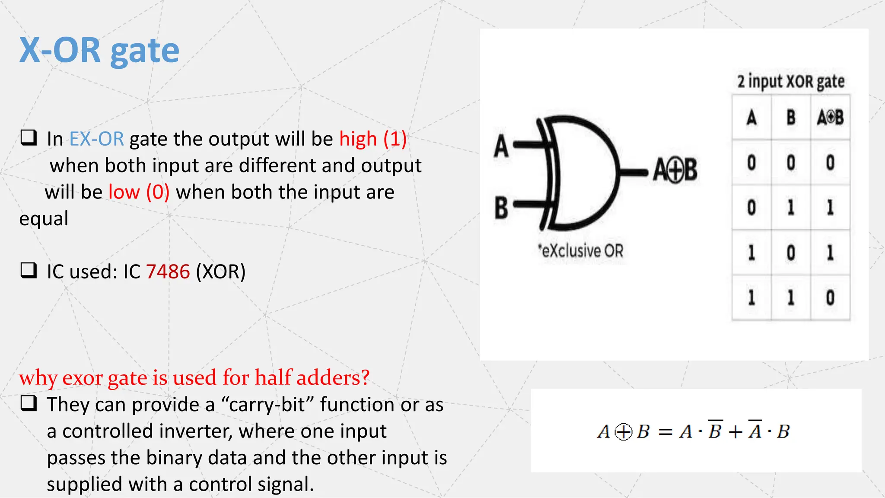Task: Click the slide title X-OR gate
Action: click(x=99, y=51)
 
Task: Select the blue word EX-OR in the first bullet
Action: click(x=96, y=139)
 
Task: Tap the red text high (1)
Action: click(x=372, y=139)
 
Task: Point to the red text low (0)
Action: click(x=139, y=192)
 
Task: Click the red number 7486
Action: click(x=168, y=272)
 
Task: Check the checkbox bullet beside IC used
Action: click(x=29, y=271)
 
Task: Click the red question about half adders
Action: click(x=194, y=377)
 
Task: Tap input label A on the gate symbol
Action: click(x=501, y=146)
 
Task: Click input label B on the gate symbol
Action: click(x=501, y=207)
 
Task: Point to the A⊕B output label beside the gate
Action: click(x=675, y=170)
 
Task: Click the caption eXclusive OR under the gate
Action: click(x=581, y=251)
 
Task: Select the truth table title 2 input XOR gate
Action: click(x=790, y=82)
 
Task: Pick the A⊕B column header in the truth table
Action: click(x=830, y=118)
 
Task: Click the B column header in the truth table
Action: click(x=791, y=118)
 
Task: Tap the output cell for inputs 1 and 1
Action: click(x=830, y=297)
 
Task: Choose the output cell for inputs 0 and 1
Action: click(x=830, y=207)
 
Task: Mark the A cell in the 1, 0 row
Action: click(x=751, y=252)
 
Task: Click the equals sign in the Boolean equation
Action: click(x=665, y=432)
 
